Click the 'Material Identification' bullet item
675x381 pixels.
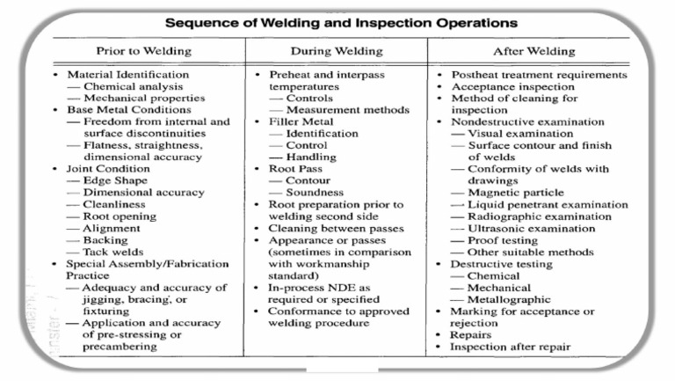(x=128, y=75)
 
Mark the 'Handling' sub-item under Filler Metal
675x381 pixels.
(x=311, y=158)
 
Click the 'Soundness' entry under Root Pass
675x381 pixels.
(x=314, y=193)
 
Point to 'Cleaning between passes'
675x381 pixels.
(x=337, y=228)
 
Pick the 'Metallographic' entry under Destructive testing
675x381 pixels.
(x=512, y=299)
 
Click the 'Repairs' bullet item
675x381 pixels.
(x=471, y=335)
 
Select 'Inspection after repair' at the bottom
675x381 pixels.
(x=511, y=347)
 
